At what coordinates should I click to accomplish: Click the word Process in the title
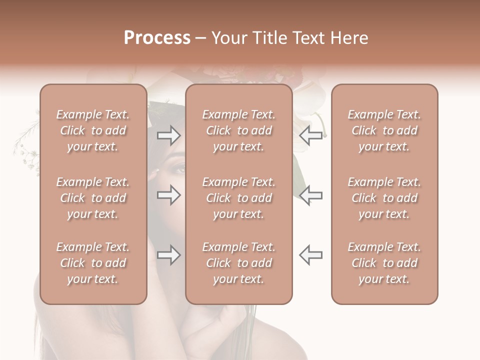[157, 38]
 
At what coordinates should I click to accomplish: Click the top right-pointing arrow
[169, 135]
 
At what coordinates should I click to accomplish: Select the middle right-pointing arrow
[169, 195]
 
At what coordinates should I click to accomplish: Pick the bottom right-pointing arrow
[169, 255]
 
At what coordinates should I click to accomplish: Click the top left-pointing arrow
[311, 135]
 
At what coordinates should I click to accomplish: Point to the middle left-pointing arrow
[311, 195]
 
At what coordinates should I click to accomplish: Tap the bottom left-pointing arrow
[311, 255]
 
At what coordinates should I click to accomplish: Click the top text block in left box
[93, 130]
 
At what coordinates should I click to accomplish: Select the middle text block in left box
[93, 198]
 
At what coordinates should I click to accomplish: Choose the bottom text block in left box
[93, 263]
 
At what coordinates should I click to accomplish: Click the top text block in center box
[239, 130]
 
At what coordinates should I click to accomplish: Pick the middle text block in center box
[239, 198]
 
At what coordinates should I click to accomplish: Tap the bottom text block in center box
[239, 263]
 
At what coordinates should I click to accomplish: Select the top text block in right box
[384, 130]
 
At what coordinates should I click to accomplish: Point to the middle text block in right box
[384, 198]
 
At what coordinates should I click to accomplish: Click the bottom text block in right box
[384, 263]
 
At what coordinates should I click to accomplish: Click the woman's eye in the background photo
[178, 168]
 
